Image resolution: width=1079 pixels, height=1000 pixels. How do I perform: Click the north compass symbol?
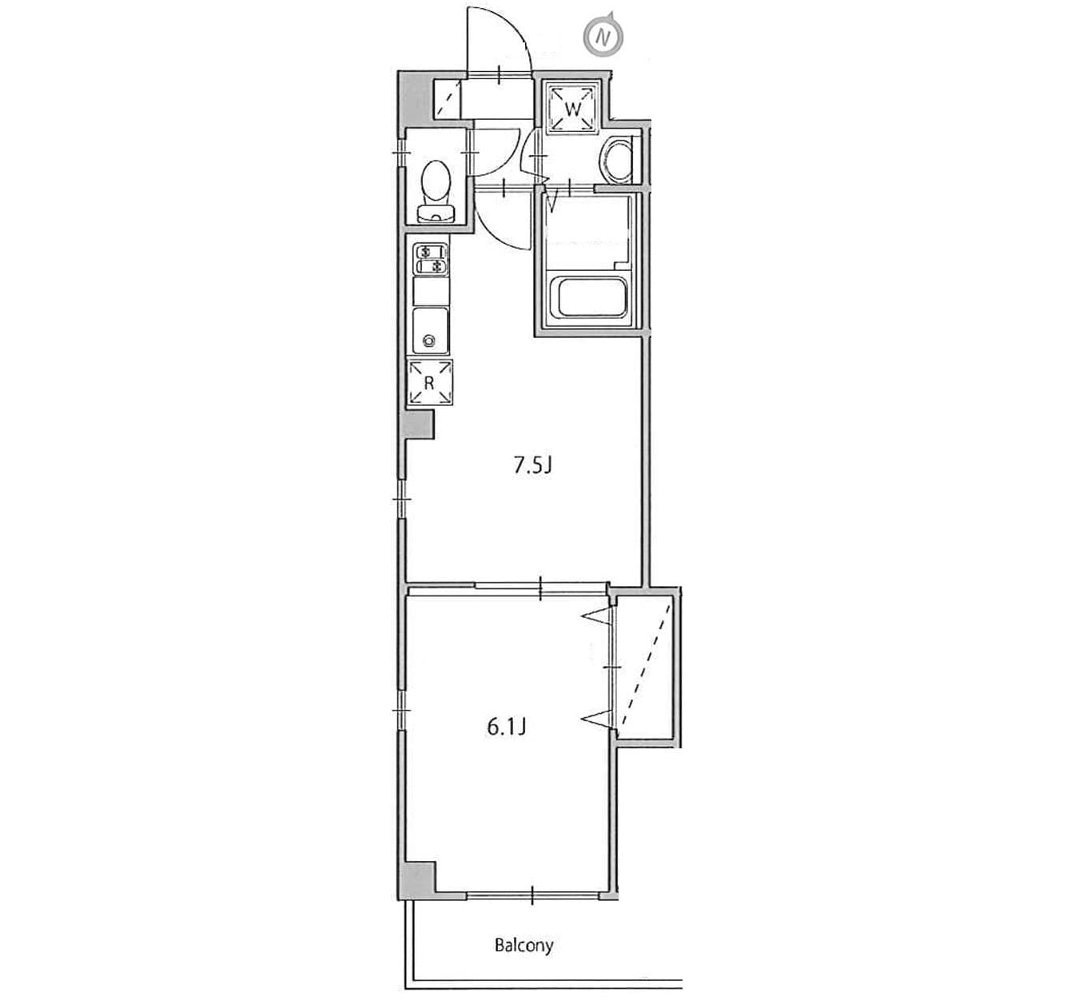point(604,37)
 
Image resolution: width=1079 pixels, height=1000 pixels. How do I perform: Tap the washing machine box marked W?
point(572,108)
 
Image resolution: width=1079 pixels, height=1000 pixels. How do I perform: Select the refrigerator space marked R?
point(429,382)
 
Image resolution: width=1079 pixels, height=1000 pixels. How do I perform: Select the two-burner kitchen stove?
point(431,259)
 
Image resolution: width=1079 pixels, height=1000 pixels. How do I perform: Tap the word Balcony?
point(524,946)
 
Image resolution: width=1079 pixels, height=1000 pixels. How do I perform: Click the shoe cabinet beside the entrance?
point(447,98)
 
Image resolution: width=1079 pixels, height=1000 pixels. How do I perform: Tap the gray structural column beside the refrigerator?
point(418,424)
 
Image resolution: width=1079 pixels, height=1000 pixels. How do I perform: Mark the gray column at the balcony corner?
point(416,881)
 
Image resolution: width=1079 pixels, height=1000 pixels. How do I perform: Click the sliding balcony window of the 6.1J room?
point(532,895)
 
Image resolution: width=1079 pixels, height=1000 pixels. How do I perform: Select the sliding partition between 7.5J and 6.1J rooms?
point(540,588)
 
